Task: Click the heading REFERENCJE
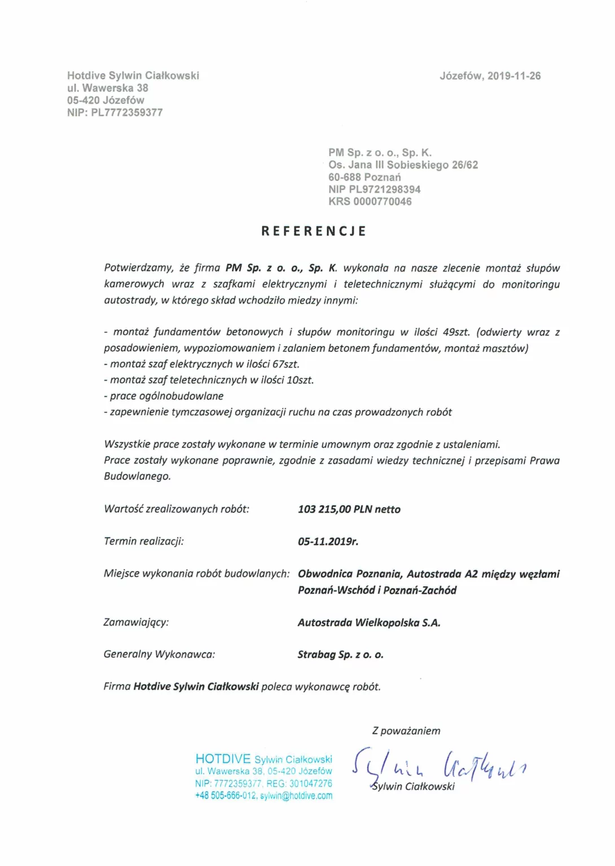pos(314,231)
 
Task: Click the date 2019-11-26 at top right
pos(513,76)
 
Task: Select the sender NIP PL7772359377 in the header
pos(115,113)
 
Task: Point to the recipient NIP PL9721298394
pos(374,189)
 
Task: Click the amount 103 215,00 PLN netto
pos(349,510)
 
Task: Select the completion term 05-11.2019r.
pos(328,542)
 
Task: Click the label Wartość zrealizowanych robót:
pos(176,509)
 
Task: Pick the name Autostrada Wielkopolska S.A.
pos(369,623)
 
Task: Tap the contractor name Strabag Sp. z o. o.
pos(340,655)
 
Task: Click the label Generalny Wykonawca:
pos(159,655)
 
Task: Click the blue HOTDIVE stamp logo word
pos(223,759)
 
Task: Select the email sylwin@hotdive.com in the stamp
pos(296,796)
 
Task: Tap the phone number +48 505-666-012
pos(226,796)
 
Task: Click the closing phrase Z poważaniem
pos(406,731)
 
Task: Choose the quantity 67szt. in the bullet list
pos(285,365)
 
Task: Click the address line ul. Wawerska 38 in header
pos(107,89)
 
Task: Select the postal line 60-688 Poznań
pos(364,178)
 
